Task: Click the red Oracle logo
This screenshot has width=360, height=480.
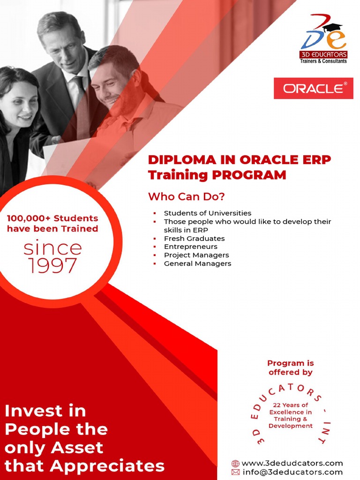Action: [x=313, y=88]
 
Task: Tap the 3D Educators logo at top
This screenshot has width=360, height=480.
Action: [x=323, y=40]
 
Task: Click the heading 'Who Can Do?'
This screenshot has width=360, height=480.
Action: [x=186, y=196]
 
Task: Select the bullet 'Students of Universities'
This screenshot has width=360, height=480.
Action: [x=207, y=213]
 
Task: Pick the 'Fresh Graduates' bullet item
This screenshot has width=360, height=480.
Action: [x=194, y=239]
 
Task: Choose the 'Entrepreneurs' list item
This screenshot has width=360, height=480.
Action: [x=190, y=247]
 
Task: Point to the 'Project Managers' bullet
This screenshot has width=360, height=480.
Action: [x=196, y=255]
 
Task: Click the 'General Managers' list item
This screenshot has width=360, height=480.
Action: [x=197, y=263]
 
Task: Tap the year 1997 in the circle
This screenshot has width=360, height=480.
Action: [x=52, y=266]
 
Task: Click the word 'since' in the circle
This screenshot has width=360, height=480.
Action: [x=52, y=247]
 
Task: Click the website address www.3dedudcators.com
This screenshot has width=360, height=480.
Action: [x=292, y=463]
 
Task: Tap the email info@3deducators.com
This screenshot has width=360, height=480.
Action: [x=292, y=472]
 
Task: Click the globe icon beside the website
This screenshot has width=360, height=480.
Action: [x=235, y=464]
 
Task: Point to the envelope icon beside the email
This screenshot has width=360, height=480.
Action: [x=235, y=472]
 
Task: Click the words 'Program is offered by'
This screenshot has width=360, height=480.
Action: [x=290, y=367]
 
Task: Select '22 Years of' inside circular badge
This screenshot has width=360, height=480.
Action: [x=290, y=405]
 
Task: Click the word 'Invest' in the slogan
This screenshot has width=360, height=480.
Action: [x=32, y=411]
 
